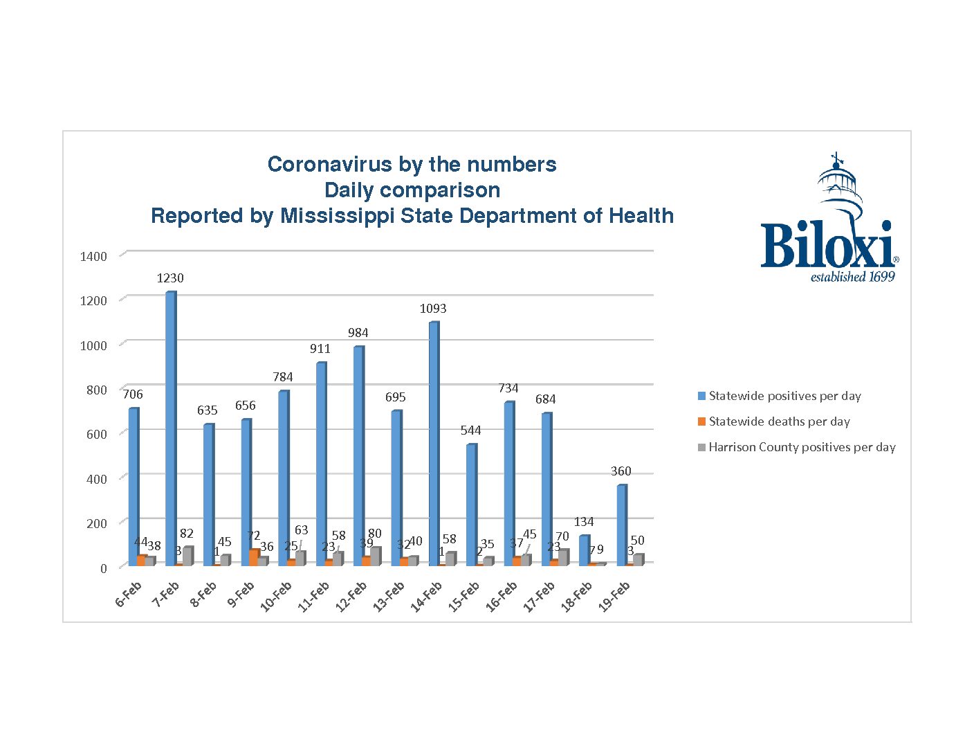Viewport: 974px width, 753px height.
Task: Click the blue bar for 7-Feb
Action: (170, 429)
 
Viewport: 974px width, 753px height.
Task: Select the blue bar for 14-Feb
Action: (433, 443)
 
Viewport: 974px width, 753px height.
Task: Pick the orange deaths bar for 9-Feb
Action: (254, 558)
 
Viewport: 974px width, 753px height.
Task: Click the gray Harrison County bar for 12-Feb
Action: (375, 556)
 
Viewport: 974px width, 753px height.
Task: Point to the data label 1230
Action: (170, 278)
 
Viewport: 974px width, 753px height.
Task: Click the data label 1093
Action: (433, 309)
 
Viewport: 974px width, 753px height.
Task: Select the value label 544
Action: (470, 430)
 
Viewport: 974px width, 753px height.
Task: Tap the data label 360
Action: (621, 471)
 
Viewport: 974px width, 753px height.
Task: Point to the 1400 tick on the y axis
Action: (93, 257)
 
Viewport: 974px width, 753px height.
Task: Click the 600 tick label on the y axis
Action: (97, 435)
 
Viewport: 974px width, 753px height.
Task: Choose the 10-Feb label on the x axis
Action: (276, 597)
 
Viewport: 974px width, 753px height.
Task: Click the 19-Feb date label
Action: (614, 597)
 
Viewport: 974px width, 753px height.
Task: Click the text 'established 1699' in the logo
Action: (852, 277)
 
